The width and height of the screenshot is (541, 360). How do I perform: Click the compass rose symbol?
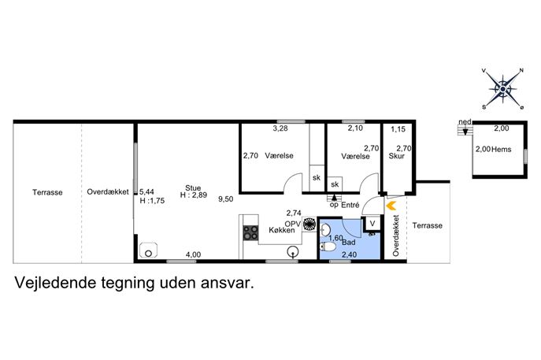(x=502, y=89)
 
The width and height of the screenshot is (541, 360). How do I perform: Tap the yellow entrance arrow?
(x=391, y=206)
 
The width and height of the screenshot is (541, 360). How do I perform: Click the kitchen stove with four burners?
(x=250, y=232)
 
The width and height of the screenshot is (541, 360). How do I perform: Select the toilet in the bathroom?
(x=328, y=247)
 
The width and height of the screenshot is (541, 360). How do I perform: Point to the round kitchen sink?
(x=293, y=252)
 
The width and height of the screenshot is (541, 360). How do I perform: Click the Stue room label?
(x=193, y=187)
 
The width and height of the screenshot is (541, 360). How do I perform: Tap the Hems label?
(x=501, y=150)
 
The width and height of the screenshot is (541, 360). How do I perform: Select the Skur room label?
(x=396, y=156)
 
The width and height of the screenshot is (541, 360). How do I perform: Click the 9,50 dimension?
(x=226, y=199)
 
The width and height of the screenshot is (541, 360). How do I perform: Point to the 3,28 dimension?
(x=280, y=128)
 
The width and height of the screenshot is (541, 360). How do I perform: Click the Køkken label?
(x=282, y=230)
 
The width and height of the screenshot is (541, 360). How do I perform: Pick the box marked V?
(x=372, y=224)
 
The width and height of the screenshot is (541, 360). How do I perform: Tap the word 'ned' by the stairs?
(x=465, y=122)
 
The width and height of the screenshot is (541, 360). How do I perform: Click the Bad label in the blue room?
(x=349, y=243)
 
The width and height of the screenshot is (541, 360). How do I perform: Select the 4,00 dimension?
(x=193, y=254)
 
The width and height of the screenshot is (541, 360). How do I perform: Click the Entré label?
(x=350, y=205)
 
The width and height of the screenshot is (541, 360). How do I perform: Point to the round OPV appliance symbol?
(x=309, y=224)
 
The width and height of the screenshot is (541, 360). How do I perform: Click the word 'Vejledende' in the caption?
(x=55, y=283)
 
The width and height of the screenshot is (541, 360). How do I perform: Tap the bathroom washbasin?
(x=325, y=229)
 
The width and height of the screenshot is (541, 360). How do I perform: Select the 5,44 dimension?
(x=146, y=192)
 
